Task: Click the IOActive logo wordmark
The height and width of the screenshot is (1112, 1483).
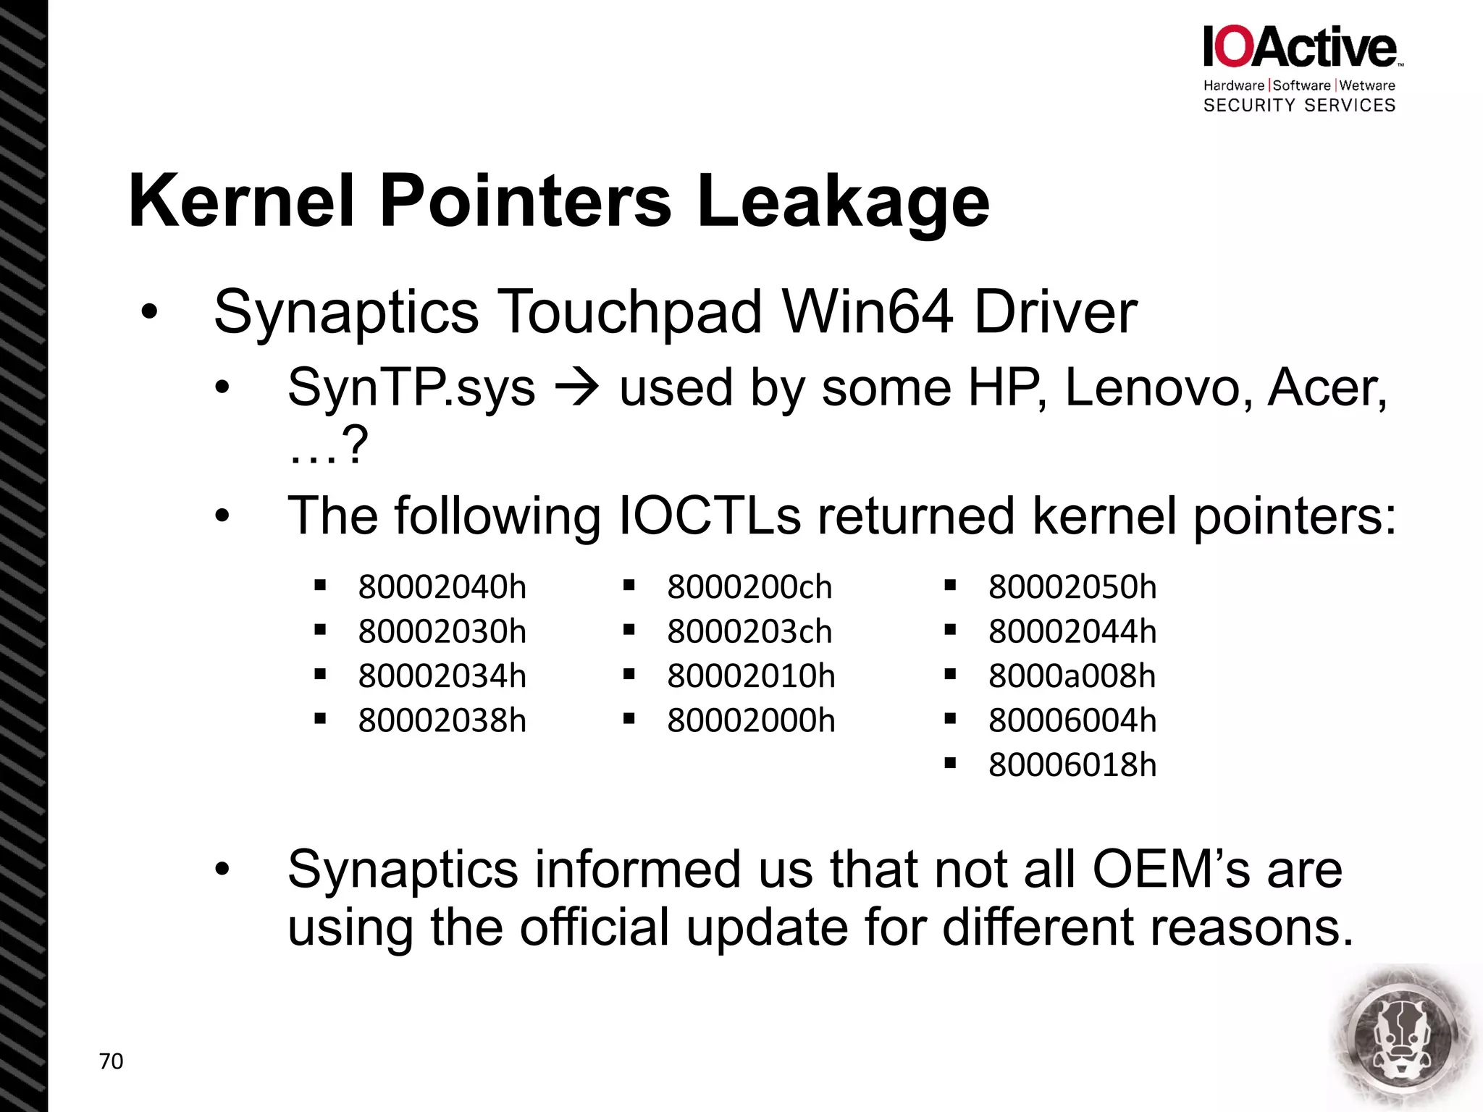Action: (x=1300, y=47)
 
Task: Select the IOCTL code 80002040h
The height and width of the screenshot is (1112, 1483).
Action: (x=442, y=587)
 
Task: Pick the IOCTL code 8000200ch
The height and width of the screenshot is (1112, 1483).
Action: (x=749, y=587)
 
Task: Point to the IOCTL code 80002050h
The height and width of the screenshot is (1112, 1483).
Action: (x=1072, y=587)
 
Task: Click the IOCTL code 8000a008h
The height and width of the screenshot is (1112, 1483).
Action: (x=1072, y=676)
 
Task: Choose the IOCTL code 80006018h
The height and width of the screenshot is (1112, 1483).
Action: (x=1072, y=765)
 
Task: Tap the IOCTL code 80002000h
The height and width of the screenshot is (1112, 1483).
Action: (x=751, y=720)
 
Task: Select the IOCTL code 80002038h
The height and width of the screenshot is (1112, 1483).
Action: (x=442, y=720)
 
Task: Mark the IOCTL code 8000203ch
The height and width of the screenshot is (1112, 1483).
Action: (x=749, y=632)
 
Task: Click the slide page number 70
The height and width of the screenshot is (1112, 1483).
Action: (x=111, y=1061)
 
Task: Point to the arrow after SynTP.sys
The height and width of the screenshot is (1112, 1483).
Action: (x=576, y=388)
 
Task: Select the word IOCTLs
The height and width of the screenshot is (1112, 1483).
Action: (x=710, y=516)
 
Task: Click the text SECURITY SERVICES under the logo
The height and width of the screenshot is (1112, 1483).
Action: (x=1299, y=106)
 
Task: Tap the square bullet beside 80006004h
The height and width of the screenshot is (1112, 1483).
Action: (x=951, y=720)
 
